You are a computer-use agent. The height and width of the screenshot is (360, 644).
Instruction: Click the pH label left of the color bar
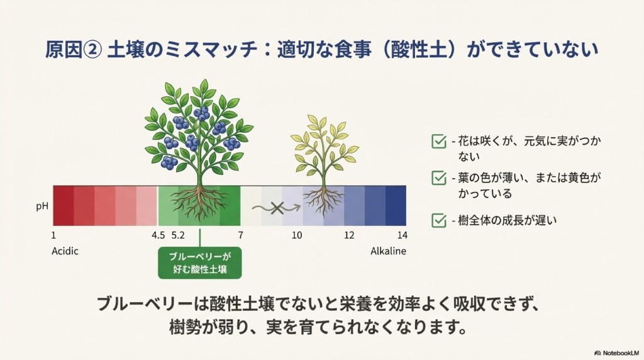42,206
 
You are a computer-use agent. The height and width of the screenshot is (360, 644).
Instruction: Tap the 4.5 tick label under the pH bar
158,235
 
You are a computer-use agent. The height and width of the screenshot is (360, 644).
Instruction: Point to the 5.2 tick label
178,235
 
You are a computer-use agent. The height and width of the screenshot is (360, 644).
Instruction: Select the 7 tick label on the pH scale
240,235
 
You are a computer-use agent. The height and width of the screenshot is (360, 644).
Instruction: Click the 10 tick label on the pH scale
297,235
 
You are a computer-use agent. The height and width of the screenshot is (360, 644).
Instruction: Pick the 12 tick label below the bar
349,235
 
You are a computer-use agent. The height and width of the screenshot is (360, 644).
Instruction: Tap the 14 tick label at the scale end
402,235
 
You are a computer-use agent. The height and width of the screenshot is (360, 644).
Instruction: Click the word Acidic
65,251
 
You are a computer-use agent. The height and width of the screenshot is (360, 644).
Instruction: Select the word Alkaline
388,251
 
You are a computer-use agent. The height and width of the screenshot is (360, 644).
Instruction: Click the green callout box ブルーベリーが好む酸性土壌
200,263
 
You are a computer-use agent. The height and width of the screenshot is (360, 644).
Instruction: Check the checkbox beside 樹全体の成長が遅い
439,220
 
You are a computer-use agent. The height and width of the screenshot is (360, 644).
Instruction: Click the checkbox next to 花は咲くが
439,141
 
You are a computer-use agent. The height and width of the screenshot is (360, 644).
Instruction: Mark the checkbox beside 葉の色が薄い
439,178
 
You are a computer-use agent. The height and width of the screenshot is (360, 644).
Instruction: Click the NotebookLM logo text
617,353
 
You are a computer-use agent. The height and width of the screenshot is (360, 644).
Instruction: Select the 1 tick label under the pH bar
53,235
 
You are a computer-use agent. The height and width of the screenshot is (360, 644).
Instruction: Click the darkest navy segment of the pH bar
396,205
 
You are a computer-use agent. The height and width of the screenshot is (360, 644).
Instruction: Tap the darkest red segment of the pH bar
64,205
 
